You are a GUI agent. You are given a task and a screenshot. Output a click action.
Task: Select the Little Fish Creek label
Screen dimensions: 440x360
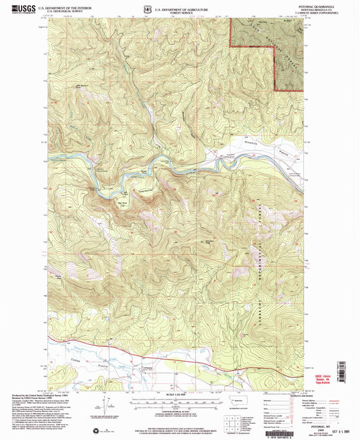(84, 86)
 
